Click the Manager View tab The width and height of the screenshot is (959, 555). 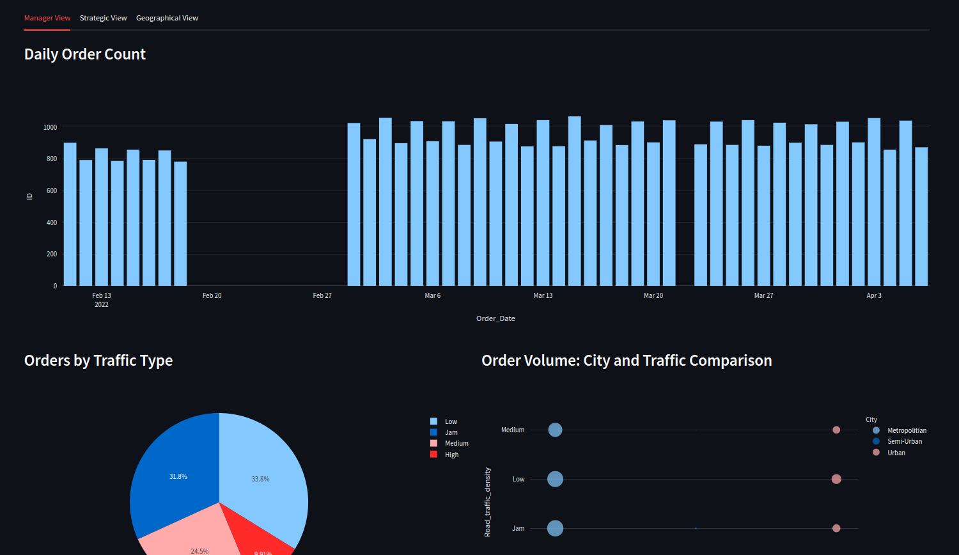click(47, 18)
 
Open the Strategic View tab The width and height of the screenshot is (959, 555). click(103, 18)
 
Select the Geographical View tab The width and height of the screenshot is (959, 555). click(167, 18)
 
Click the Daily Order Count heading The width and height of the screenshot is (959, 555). click(85, 54)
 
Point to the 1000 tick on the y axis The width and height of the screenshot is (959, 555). click(50, 127)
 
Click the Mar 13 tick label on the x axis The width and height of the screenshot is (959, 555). click(543, 295)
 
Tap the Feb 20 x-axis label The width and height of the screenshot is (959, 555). click(212, 295)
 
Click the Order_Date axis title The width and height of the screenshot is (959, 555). click(495, 318)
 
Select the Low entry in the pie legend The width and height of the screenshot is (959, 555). click(451, 421)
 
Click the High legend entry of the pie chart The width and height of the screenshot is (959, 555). click(451, 455)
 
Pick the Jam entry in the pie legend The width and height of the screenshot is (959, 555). click(451, 432)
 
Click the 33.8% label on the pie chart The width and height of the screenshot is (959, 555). click(260, 479)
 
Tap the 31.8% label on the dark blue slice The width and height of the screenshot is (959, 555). click(178, 476)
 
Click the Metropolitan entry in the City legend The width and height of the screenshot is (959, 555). click(906, 430)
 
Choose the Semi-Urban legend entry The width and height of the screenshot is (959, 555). click(904, 441)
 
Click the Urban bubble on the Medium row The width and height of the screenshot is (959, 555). click(836, 430)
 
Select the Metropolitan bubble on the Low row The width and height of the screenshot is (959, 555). click(555, 479)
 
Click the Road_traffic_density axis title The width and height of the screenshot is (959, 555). click(488, 501)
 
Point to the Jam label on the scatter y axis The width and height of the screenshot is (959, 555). click(518, 528)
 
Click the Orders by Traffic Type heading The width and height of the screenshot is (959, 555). click(98, 361)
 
